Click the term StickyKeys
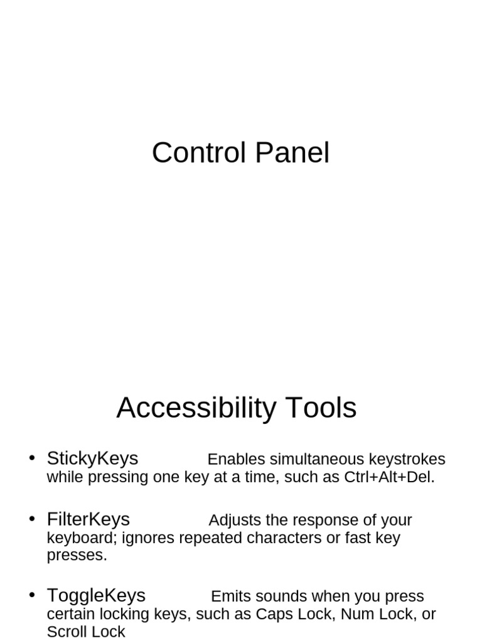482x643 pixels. pyautogui.click(x=92, y=459)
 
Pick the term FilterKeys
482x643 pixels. pyautogui.click(x=88, y=520)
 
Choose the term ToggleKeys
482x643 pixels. pyautogui.click(x=96, y=595)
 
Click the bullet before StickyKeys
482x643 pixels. pyautogui.click(x=31, y=458)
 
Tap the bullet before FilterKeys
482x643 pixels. pyautogui.click(x=31, y=519)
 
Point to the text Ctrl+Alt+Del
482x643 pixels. pyautogui.click(x=389, y=477)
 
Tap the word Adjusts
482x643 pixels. pyautogui.click(x=235, y=521)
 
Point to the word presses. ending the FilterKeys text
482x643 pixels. pyautogui.click(x=77, y=556)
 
